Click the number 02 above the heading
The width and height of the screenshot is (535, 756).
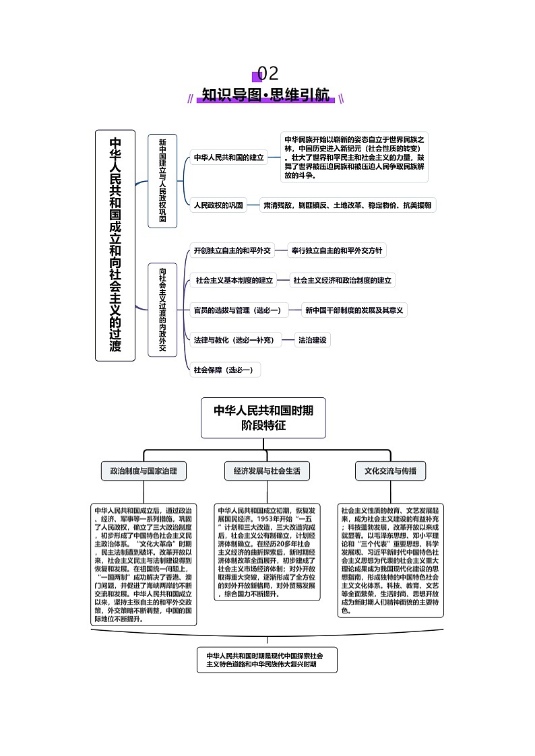pyautogui.click(x=267, y=73)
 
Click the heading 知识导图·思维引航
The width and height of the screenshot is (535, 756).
pyautogui.click(x=267, y=95)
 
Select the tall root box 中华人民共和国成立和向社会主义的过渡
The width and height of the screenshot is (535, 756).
pyautogui.click(x=115, y=245)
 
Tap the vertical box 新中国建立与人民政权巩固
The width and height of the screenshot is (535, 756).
pyautogui.click(x=162, y=180)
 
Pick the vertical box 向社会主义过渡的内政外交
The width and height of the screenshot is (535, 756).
pyautogui.click(x=162, y=309)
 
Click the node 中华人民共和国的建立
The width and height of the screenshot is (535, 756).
pyautogui.click(x=229, y=158)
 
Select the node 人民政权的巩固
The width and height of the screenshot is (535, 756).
pyautogui.click(x=218, y=205)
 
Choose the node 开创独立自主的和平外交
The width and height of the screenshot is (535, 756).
pyautogui.click(x=232, y=250)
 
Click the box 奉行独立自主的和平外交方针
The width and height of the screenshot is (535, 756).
pyautogui.click(x=337, y=250)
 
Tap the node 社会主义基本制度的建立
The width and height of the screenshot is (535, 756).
pyautogui.click(x=234, y=280)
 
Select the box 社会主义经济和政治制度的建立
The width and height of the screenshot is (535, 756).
pyautogui.click(x=343, y=280)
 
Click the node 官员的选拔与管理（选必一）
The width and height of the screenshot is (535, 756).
pyautogui.click(x=237, y=310)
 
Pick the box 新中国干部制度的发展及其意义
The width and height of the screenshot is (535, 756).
pyautogui.click(x=354, y=310)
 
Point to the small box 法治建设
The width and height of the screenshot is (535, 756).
pyautogui.click(x=313, y=340)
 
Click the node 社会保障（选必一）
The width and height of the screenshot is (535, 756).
pyautogui.click(x=223, y=370)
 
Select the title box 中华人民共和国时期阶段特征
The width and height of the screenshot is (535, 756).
pyautogui.click(x=263, y=417)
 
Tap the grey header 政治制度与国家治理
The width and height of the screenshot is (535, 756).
pyautogui.click(x=144, y=471)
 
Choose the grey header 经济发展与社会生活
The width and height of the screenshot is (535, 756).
pyautogui.click(x=267, y=471)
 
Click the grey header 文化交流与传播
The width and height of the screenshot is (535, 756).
pyautogui.click(x=390, y=471)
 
